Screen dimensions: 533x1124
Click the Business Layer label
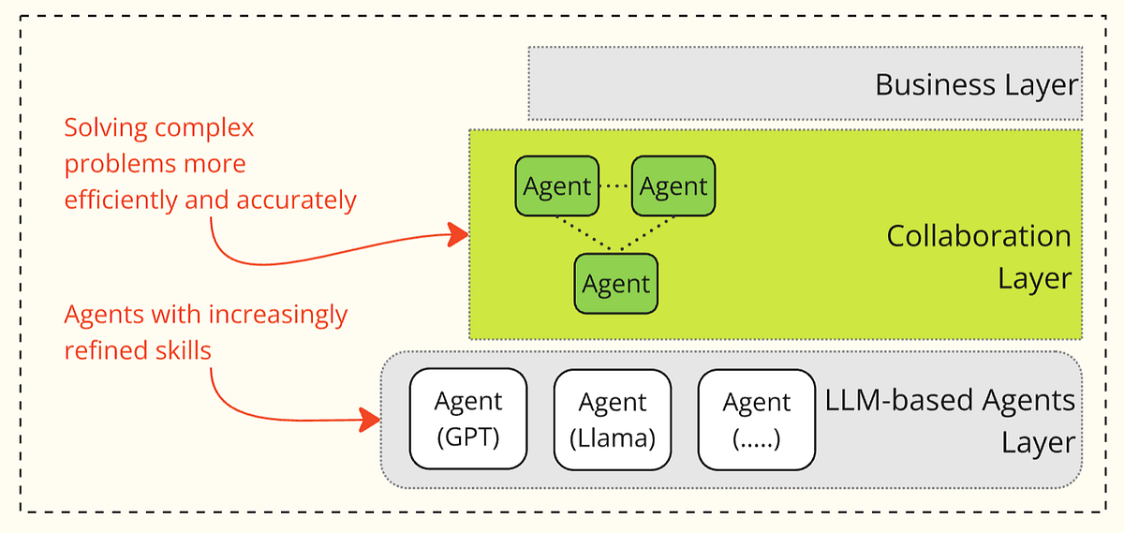click(x=976, y=84)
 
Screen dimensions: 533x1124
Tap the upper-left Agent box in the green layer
click(x=556, y=185)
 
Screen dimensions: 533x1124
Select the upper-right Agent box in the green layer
click(x=673, y=185)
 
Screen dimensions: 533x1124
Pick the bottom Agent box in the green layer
click(x=615, y=283)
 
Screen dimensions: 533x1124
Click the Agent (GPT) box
click(x=468, y=419)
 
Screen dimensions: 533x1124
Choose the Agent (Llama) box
click(x=613, y=419)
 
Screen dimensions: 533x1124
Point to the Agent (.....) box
click(x=757, y=419)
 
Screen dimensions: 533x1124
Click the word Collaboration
click(x=979, y=235)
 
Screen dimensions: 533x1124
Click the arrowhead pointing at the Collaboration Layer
click(x=458, y=235)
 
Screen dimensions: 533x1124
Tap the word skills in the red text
click(x=181, y=350)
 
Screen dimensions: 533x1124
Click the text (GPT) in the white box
click(x=468, y=437)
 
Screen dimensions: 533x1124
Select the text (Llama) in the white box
click(x=613, y=437)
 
